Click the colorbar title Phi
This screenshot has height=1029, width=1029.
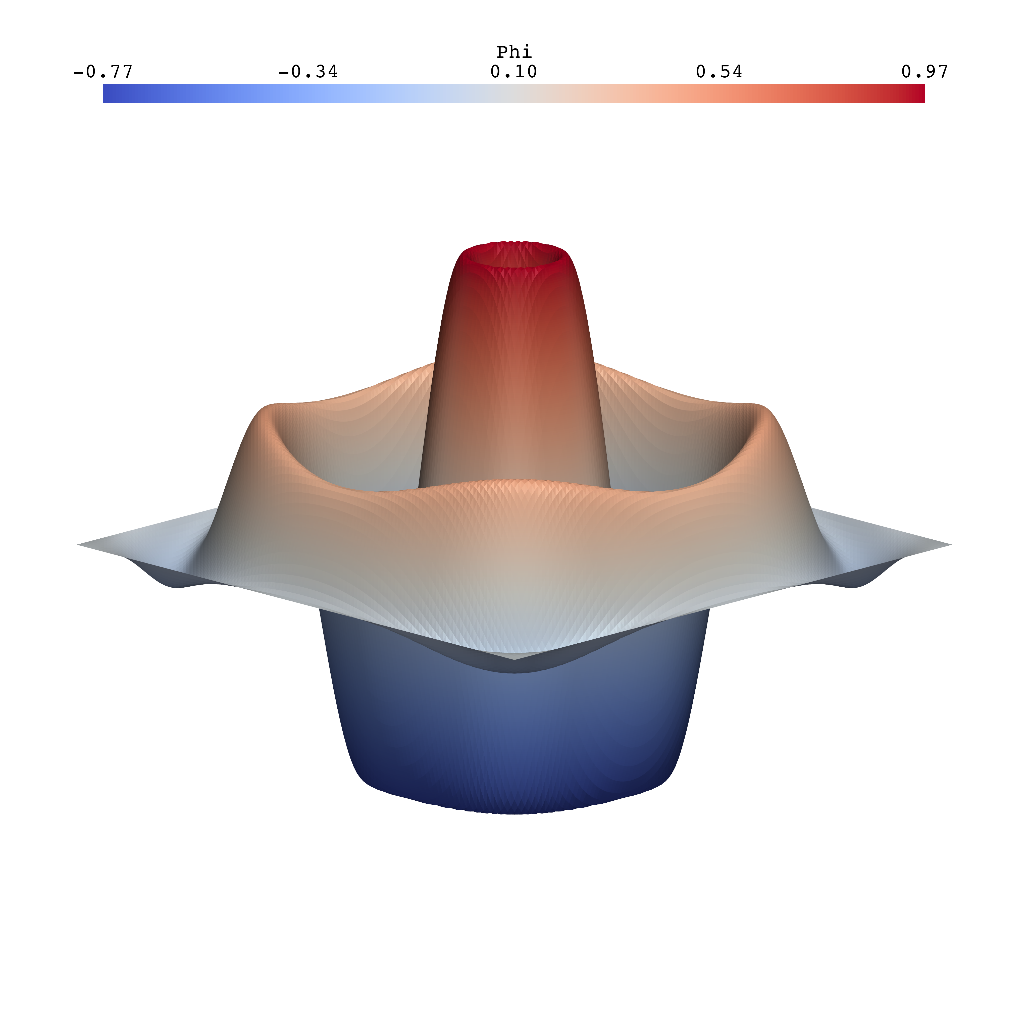click(514, 52)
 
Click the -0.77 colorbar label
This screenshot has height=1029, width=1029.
click(103, 71)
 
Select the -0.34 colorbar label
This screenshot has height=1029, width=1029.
click(308, 71)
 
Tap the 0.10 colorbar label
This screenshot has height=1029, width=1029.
click(514, 71)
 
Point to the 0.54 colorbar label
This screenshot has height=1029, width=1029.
click(719, 71)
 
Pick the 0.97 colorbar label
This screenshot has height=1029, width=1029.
click(924, 71)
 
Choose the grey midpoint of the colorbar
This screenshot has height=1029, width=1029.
click(514, 93)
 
